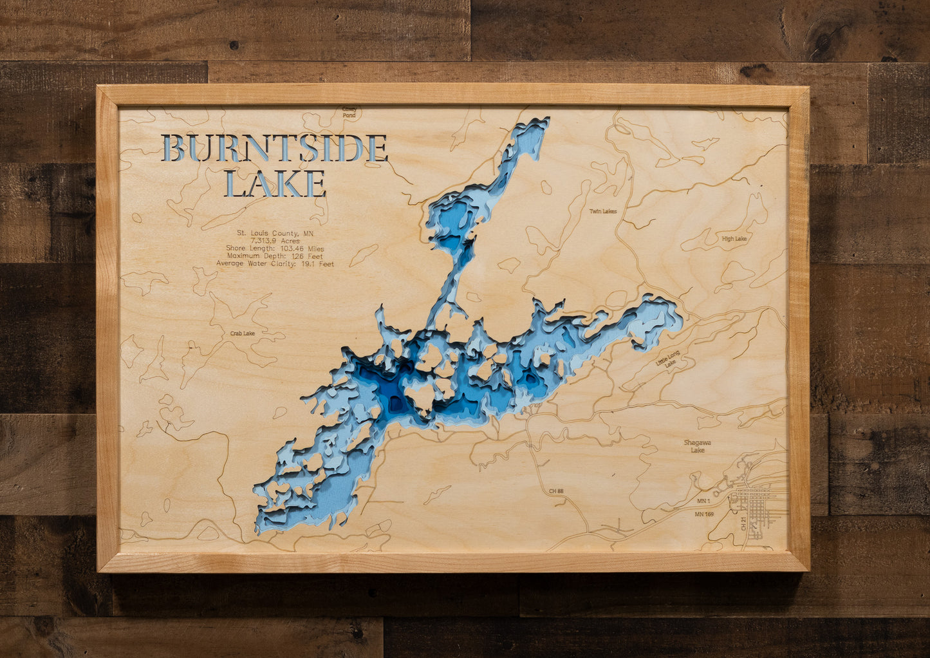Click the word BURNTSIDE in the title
coord(274,148)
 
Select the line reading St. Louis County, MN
coord(275,233)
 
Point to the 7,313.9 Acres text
coord(275,241)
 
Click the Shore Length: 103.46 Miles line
coord(275,249)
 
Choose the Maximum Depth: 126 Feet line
coord(275,256)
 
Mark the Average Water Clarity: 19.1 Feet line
coord(275,264)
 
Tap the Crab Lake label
coord(243,334)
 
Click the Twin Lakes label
coord(603,211)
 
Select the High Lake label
coord(734,239)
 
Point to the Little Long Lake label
coord(667,359)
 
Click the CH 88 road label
coord(556,491)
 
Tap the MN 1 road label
coord(703,501)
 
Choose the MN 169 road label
coord(704,514)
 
